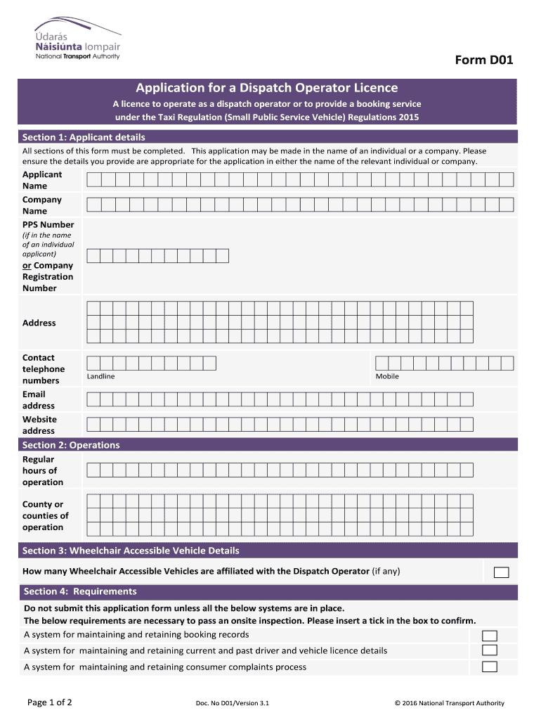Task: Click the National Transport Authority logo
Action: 77,41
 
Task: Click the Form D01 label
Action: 484,60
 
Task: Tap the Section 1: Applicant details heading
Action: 84,137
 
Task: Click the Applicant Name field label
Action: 42,180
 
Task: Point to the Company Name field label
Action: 42,205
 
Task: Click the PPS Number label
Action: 48,225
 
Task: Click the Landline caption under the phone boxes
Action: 100,376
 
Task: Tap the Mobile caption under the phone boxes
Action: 387,376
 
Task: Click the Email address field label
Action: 38,400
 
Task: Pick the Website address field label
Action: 39,425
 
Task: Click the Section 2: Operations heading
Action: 71,445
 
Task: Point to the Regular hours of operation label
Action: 43,470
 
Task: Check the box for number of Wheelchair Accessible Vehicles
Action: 501,572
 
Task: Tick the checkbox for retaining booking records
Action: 490,636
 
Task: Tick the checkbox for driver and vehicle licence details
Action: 490,651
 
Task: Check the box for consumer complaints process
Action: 490,667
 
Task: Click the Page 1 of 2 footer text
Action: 49,702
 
